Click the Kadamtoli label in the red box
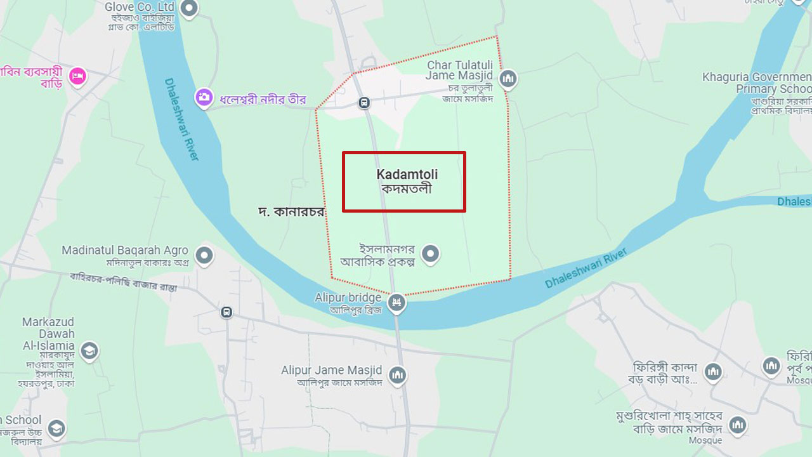click(x=407, y=181)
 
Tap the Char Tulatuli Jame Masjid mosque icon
click(x=507, y=79)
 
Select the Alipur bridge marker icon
click(x=397, y=302)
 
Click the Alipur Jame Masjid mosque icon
click(x=397, y=375)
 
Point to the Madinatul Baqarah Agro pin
click(x=204, y=255)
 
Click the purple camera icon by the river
click(x=204, y=97)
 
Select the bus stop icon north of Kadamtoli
click(x=364, y=102)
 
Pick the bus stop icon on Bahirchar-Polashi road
click(x=226, y=312)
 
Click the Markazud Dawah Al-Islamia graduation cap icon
click(x=89, y=350)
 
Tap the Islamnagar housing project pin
click(x=431, y=254)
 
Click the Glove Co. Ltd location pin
click(x=189, y=8)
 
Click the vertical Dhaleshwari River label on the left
click(x=181, y=119)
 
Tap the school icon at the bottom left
click(x=56, y=428)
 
